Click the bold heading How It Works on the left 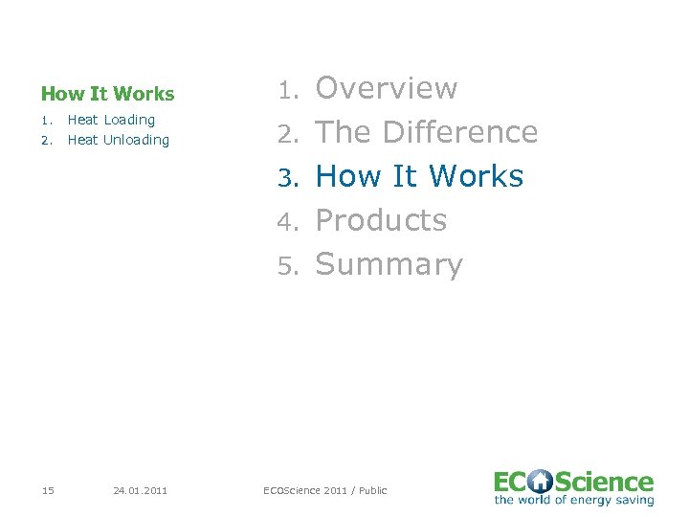[x=107, y=94]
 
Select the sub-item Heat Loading [x=111, y=120]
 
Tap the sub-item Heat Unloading [x=118, y=140]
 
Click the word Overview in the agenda [x=387, y=88]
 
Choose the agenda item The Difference [x=426, y=132]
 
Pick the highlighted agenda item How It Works [x=419, y=176]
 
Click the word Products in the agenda [x=381, y=220]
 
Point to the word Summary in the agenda [x=389, y=264]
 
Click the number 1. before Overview [x=290, y=90]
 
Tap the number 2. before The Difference [x=290, y=134]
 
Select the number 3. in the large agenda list [x=290, y=178]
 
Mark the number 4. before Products [x=290, y=222]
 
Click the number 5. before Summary [x=290, y=266]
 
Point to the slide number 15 [x=48, y=490]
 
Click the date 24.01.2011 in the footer [x=140, y=490]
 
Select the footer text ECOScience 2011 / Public [x=325, y=490]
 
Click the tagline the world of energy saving [x=573, y=500]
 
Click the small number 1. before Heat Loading [x=45, y=120]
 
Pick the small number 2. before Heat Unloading [x=45, y=140]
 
